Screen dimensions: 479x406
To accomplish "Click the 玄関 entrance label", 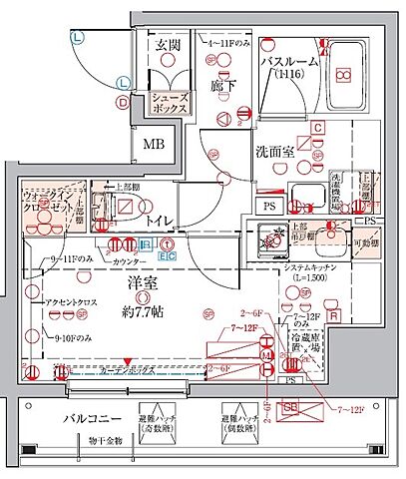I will coord(166,46).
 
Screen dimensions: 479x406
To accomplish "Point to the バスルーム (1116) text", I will coord(289,68).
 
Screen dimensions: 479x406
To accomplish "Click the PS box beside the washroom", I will coord(269,206).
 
